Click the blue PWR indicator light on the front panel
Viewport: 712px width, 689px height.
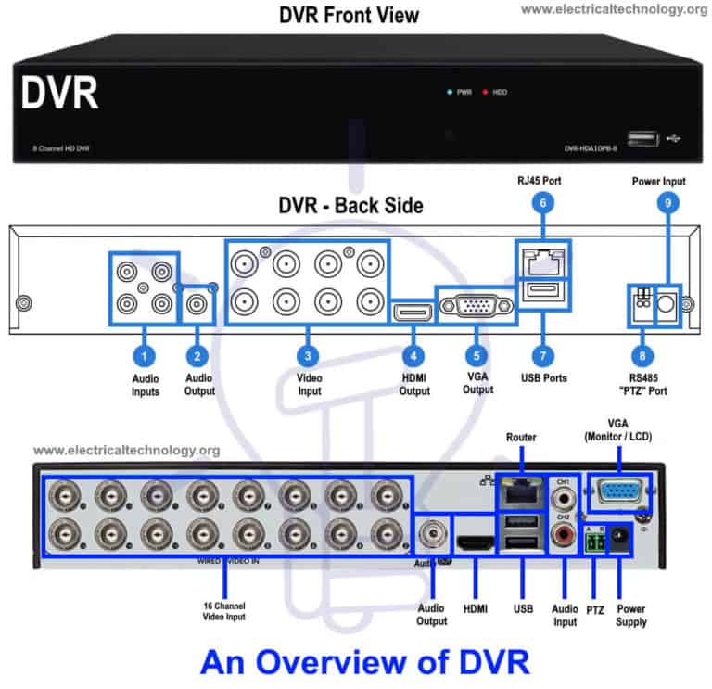click(x=450, y=93)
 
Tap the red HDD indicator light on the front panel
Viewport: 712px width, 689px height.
click(x=485, y=93)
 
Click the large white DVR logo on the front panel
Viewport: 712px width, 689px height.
click(x=59, y=94)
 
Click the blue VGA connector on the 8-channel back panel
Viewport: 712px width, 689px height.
click(x=477, y=305)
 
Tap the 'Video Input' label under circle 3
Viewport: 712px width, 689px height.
click(x=309, y=385)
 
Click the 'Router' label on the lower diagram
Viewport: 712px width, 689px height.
click(x=521, y=436)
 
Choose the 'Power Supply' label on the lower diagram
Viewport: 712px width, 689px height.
click(x=630, y=616)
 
